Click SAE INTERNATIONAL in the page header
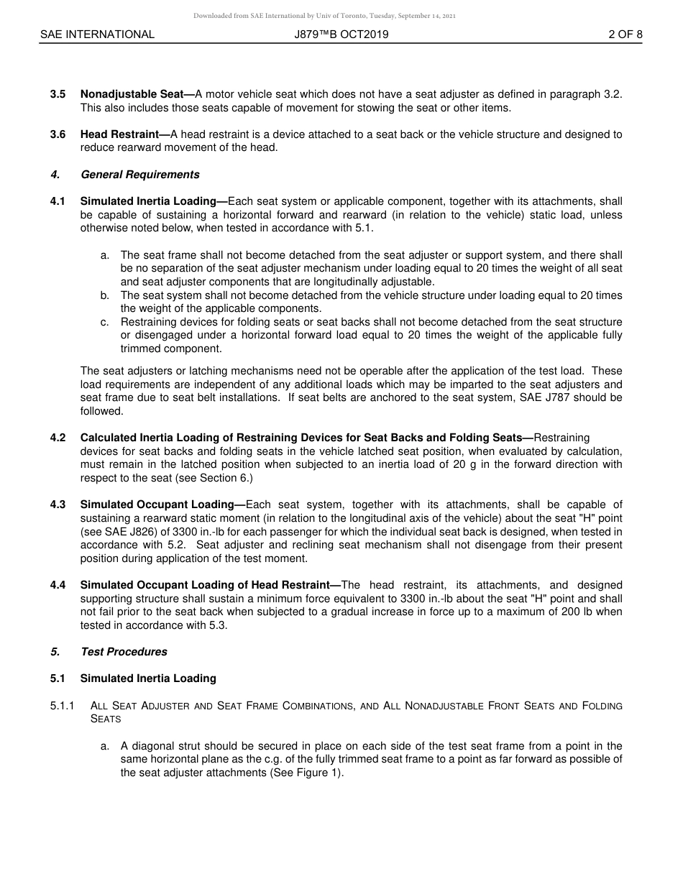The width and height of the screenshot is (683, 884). tap(97, 34)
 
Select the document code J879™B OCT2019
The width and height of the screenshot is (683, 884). tap(341, 34)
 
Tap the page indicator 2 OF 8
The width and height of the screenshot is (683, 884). tap(625, 34)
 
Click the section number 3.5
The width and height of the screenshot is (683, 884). tap(58, 94)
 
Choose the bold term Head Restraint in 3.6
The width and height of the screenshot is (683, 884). tap(119, 134)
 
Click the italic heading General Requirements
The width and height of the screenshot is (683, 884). tap(140, 175)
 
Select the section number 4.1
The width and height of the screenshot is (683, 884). tap(58, 201)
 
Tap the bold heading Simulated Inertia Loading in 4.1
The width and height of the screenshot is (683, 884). tap(148, 201)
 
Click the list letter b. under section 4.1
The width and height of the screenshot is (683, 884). tap(105, 295)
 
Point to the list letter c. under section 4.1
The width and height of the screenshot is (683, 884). tap(105, 322)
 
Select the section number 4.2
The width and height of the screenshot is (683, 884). tap(58, 438)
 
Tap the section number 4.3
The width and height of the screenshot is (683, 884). tap(58, 505)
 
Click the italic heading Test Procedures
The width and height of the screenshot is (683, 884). tap(124, 652)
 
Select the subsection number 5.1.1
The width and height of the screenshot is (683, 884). tap(63, 706)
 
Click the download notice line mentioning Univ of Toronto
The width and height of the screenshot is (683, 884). tap(324, 16)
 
